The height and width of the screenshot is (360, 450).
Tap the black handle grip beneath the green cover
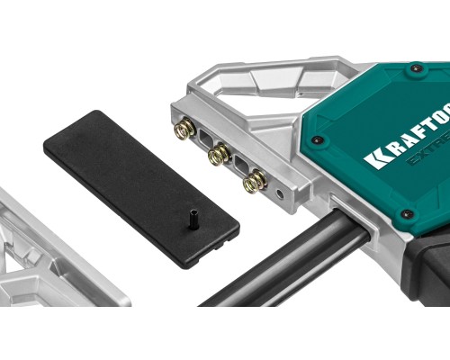coord(423,270)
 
